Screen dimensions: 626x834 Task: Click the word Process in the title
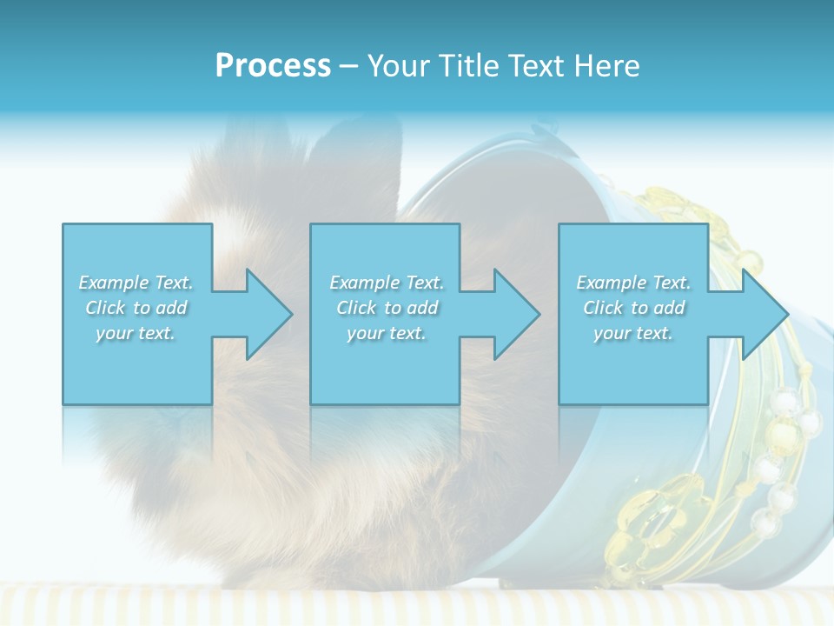point(273,66)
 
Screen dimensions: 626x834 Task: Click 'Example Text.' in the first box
point(136,283)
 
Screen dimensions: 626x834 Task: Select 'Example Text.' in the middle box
point(387,283)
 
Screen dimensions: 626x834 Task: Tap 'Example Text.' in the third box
point(633,283)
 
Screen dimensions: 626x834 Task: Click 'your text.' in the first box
point(136,333)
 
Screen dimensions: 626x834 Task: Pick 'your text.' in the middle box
point(387,333)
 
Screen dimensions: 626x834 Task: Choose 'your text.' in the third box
point(633,333)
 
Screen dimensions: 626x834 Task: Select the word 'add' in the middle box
point(422,308)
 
